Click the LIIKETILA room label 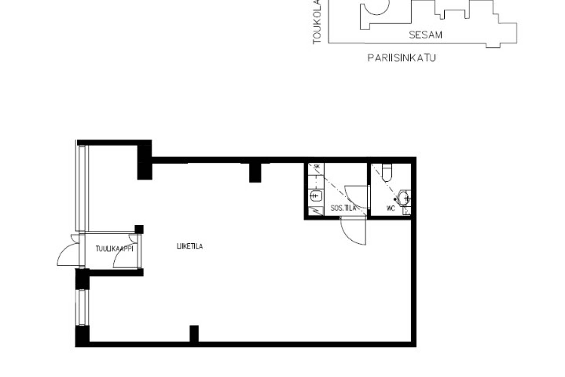coord(190,246)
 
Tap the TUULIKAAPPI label coord(114,249)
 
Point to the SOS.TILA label coord(343,208)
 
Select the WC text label coord(390,209)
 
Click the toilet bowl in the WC coord(387,173)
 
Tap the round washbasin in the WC coord(403,198)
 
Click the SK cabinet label coord(317,166)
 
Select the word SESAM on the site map coord(426,35)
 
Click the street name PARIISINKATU coord(401,58)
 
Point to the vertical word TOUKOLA coord(317,22)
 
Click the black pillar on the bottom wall coord(194,334)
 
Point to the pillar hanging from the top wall coord(255,173)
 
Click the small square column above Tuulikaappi coord(139,229)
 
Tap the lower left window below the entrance coord(82,307)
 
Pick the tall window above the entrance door coord(82,188)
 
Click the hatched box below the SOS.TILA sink coord(316,211)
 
